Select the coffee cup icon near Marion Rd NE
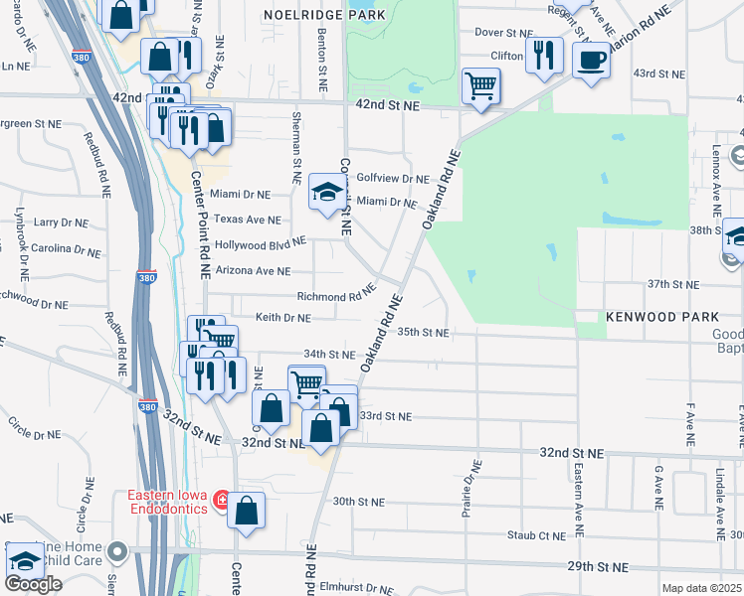pos(590,60)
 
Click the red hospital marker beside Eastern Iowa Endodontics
pos(221,497)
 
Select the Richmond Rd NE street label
pos(336,296)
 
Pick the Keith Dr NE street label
pos(283,318)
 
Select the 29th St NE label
pos(599,566)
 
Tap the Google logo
pos(33,583)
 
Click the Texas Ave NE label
pos(248,220)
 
